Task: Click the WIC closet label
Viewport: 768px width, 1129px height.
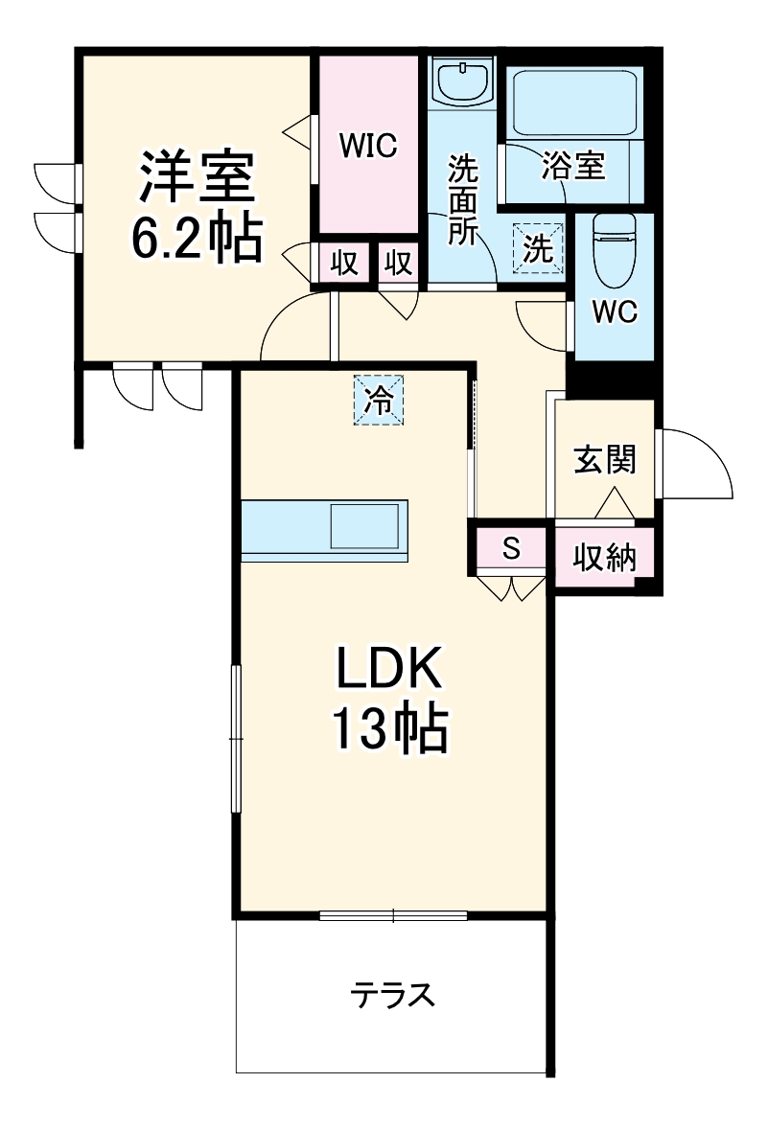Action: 367,146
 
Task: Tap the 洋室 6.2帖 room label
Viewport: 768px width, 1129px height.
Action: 196,206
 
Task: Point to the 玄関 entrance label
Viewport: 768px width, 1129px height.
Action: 605,461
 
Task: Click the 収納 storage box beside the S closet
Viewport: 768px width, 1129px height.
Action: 605,556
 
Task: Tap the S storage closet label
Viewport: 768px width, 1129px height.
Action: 511,549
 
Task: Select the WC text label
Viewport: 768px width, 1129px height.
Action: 615,313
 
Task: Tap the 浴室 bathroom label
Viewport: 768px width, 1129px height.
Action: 573,166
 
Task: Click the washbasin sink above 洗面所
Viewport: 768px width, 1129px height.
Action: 462,81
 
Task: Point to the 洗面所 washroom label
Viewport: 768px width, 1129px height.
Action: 462,201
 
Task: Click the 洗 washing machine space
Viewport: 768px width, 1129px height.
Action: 539,247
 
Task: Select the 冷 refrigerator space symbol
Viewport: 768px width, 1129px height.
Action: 381,399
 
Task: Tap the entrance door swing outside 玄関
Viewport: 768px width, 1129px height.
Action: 695,465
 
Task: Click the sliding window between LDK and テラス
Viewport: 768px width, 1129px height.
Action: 393,915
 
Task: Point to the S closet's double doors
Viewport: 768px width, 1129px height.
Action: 511,587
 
